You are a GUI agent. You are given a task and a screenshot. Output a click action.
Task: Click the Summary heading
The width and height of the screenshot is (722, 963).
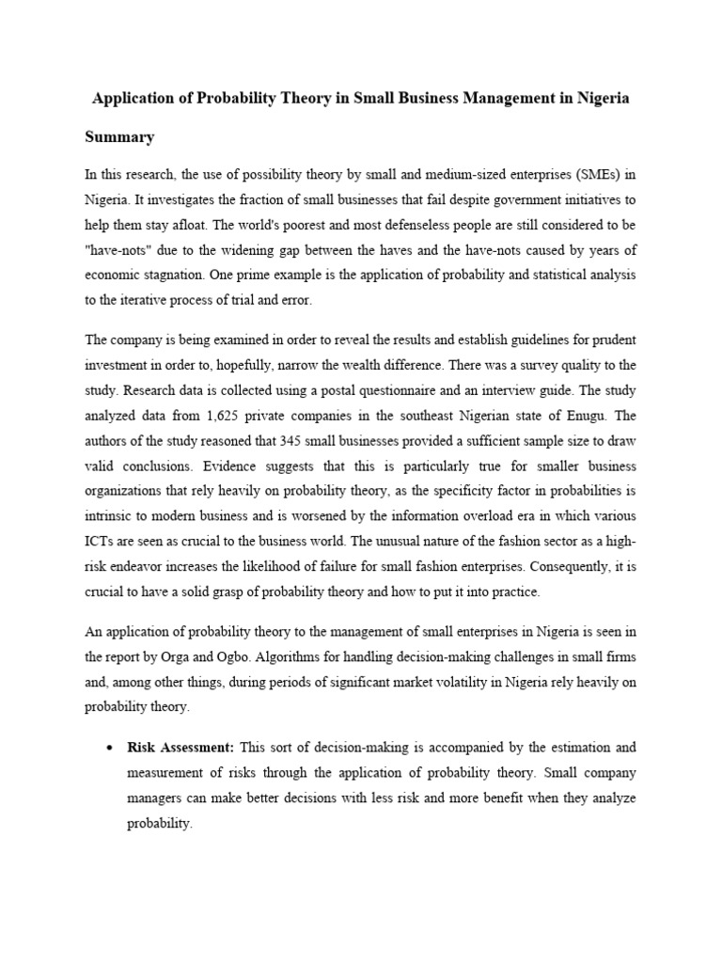tap(119, 137)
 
